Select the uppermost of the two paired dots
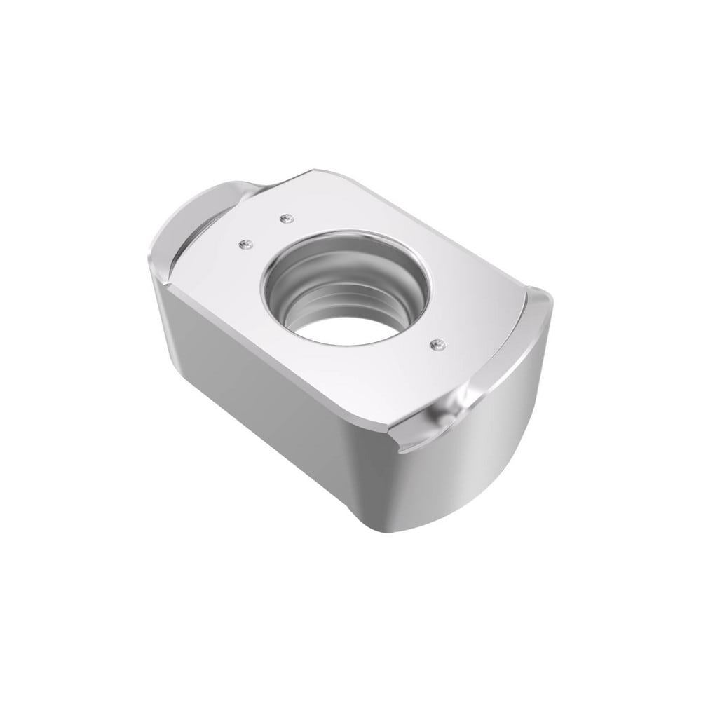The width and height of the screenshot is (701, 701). point(285,219)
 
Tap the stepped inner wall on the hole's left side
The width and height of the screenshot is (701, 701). point(284,294)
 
